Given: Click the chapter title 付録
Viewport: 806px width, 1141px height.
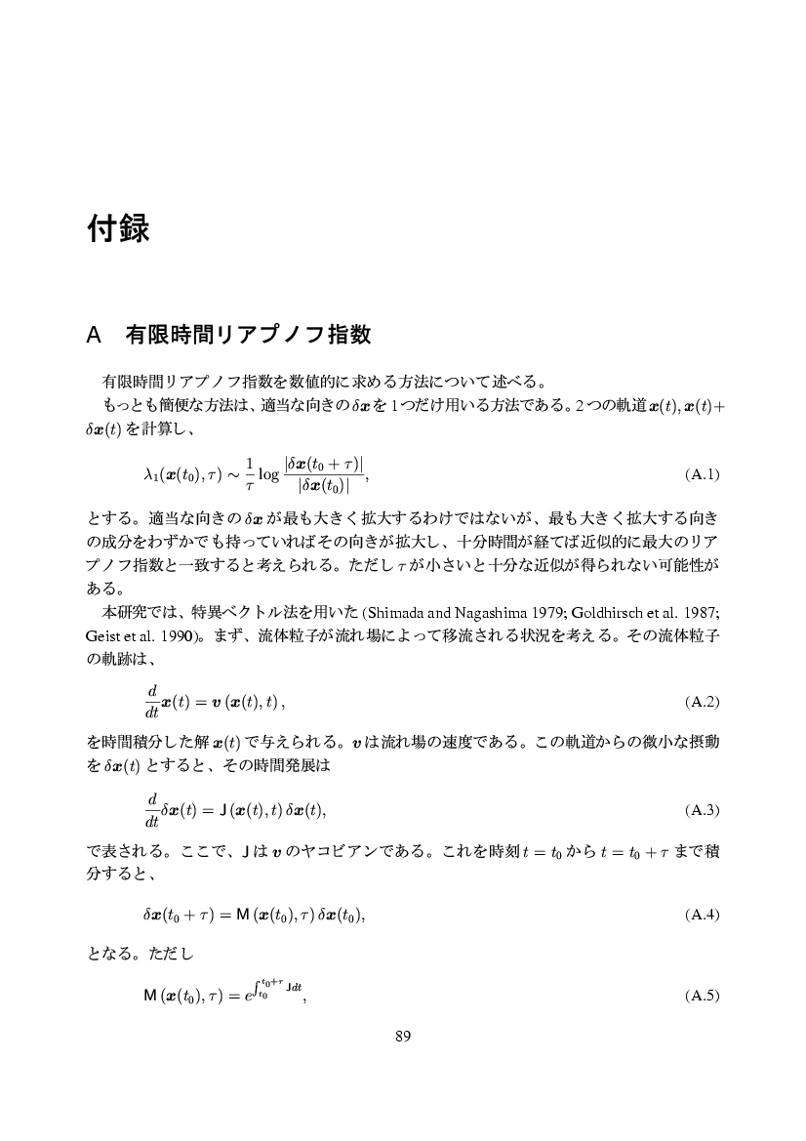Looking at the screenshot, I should tap(117, 229).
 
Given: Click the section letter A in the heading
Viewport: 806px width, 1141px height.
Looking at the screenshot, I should tap(94, 335).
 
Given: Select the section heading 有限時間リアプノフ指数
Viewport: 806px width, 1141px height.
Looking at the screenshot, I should tap(248, 335).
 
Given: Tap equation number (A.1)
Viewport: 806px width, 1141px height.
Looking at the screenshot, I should tap(702, 474).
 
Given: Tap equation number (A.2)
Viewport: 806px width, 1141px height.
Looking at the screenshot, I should tap(702, 701).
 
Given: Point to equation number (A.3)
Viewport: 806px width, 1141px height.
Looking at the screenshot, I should tap(702, 809).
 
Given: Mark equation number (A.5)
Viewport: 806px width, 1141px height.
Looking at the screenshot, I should tap(702, 996).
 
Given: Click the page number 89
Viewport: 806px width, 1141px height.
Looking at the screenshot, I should tap(402, 1037).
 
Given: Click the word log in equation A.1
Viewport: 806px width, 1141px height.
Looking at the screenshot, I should tap(268, 475).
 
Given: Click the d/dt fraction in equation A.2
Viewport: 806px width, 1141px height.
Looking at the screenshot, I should tap(152, 701).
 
